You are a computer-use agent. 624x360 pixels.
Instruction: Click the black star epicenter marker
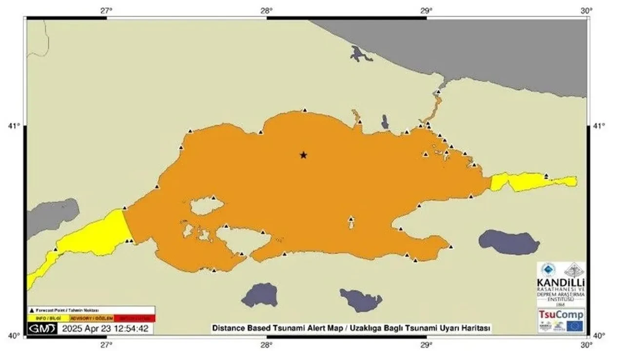[x=303, y=155]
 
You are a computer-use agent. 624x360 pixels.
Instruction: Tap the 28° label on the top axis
[x=266, y=10]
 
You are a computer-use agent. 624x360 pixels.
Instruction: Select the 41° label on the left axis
[x=15, y=126]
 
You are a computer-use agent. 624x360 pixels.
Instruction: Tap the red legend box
[x=134, y=319]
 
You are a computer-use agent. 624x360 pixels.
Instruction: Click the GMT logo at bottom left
[x=42, y=329]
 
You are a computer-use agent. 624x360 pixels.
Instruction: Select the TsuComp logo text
[x=561, y=315]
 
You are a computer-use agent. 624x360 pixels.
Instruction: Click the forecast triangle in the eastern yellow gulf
[x=546, y=176]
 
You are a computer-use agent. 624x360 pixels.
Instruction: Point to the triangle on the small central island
[x=351, y=219]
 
